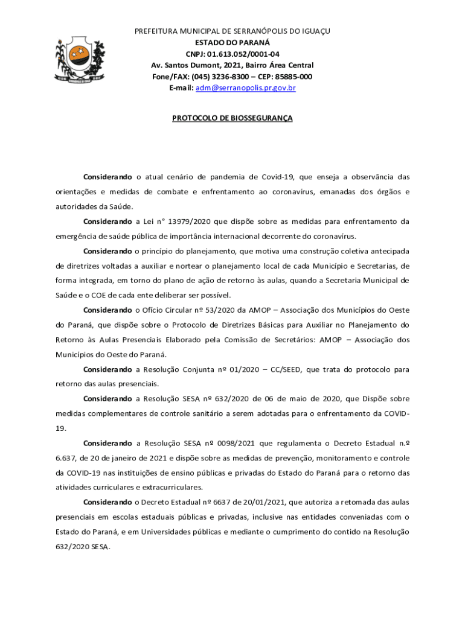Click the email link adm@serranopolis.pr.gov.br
(x=245, y=88)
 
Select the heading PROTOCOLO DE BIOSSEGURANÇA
(x=232, y=118)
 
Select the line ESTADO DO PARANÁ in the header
(x=232, y=42)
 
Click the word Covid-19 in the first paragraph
(x=277, y=177)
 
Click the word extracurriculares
(x=169, y=487)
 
